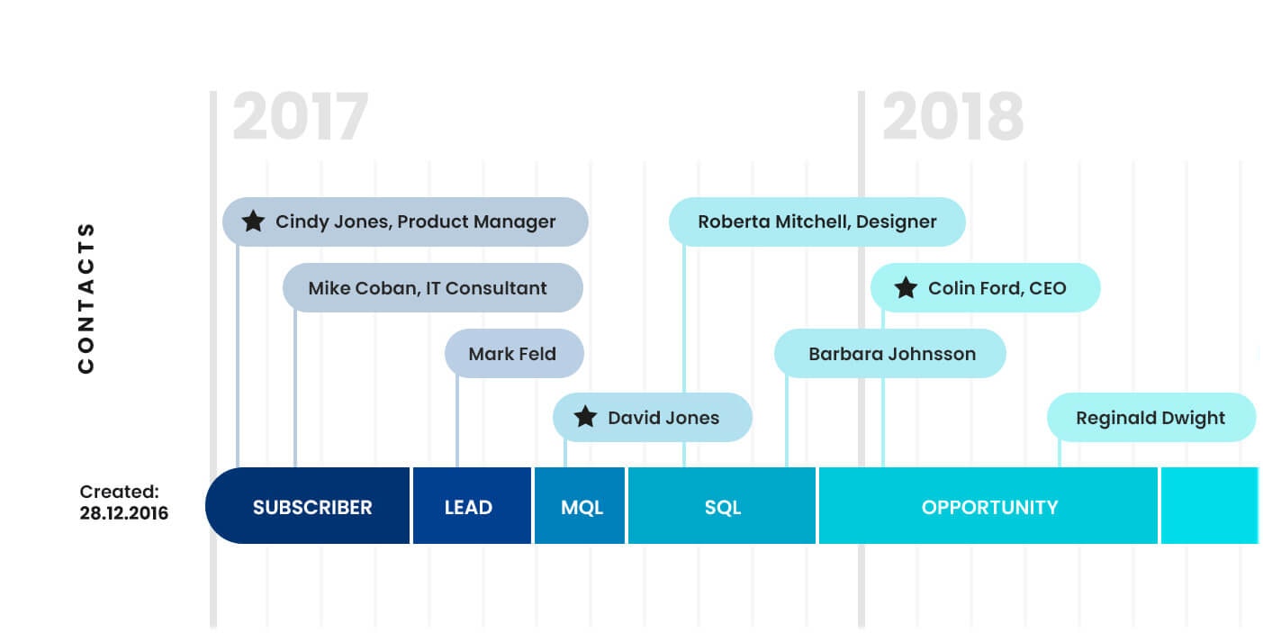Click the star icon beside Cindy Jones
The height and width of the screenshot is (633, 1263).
(254, 222)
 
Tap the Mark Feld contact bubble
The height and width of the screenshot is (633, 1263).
(513, 354)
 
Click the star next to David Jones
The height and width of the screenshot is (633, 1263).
(586, 417)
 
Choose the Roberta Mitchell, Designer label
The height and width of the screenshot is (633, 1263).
(816, 222)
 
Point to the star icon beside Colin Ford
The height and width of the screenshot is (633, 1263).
(906, 288)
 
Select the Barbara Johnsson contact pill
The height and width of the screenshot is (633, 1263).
(890, 354)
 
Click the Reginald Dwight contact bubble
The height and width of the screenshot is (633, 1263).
(1150, 418)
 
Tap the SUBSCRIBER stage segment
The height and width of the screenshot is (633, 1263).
(311, 507)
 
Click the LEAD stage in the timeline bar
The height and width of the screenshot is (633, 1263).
(468, 507)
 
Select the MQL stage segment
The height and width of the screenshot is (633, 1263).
(582, 507)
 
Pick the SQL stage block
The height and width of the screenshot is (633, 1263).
(722, 507)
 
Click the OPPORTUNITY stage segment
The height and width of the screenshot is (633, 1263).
(988, 507)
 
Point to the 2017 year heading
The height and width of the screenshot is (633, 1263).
(301, 118)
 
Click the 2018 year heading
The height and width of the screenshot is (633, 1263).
(952, 118)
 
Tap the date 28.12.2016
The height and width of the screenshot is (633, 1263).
(123, 514)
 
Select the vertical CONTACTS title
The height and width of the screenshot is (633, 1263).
(86, 297)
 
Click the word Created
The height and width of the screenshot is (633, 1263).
(119, 492)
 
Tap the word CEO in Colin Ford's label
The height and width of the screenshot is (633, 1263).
(1047, 288)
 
